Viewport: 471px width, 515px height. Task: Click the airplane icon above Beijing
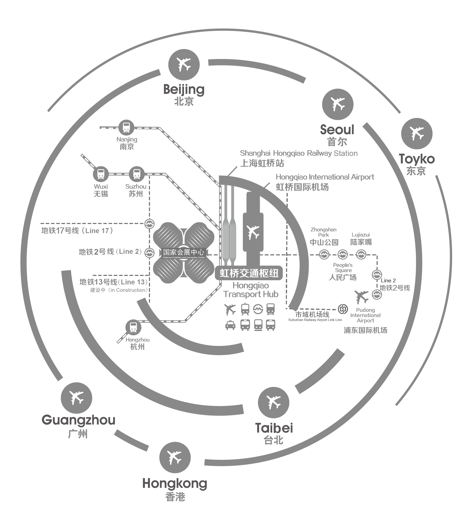[x=184, y=65]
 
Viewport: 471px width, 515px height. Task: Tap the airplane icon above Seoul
[x=338, y=104]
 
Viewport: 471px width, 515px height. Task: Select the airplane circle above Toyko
[x=417, y=134]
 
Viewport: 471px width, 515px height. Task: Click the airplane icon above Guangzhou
[x=76, y=398]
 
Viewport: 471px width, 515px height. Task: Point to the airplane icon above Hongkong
[x=175, y=458]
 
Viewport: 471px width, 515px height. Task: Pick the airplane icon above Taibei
[x=273, y=403]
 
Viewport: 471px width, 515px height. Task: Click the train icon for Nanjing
[x=126, y=127]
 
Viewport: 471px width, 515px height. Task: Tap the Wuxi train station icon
[x=101, y=174]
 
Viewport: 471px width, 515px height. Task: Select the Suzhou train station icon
[x=137, y=174]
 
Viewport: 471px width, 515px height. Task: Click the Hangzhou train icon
[x=133, y=327]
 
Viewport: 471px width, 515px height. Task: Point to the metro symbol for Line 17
[x=149, y=224]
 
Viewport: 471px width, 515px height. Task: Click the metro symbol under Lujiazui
[x=361, y=254]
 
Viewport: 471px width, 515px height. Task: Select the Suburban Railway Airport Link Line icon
[x=343, y=309]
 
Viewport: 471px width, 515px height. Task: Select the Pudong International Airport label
[x=365, y=315]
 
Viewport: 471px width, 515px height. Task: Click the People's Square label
[x=343, y=268]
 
